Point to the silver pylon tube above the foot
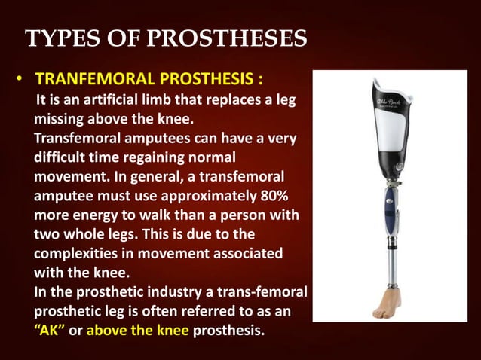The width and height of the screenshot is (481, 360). pyautogui.click(x=389, y=260)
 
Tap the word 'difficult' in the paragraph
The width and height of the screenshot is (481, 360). pyautogui.click(x=63, y=158)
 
